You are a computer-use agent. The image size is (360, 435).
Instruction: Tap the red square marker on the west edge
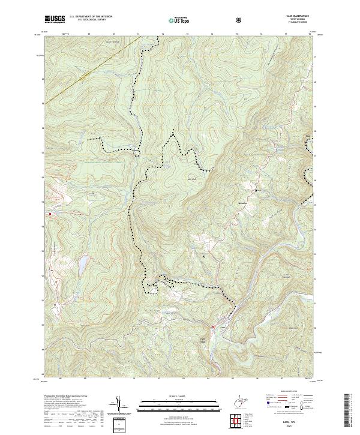point(50,213)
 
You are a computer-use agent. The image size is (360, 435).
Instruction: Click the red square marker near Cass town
point(213,326)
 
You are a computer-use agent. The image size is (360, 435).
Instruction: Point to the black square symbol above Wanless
point(256,191)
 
